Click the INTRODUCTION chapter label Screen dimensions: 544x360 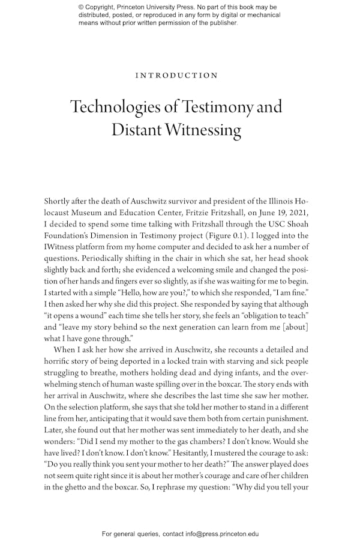[176, 76]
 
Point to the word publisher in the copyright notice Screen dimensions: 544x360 [220, 23]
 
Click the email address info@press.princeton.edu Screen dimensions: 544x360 [215, 533]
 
